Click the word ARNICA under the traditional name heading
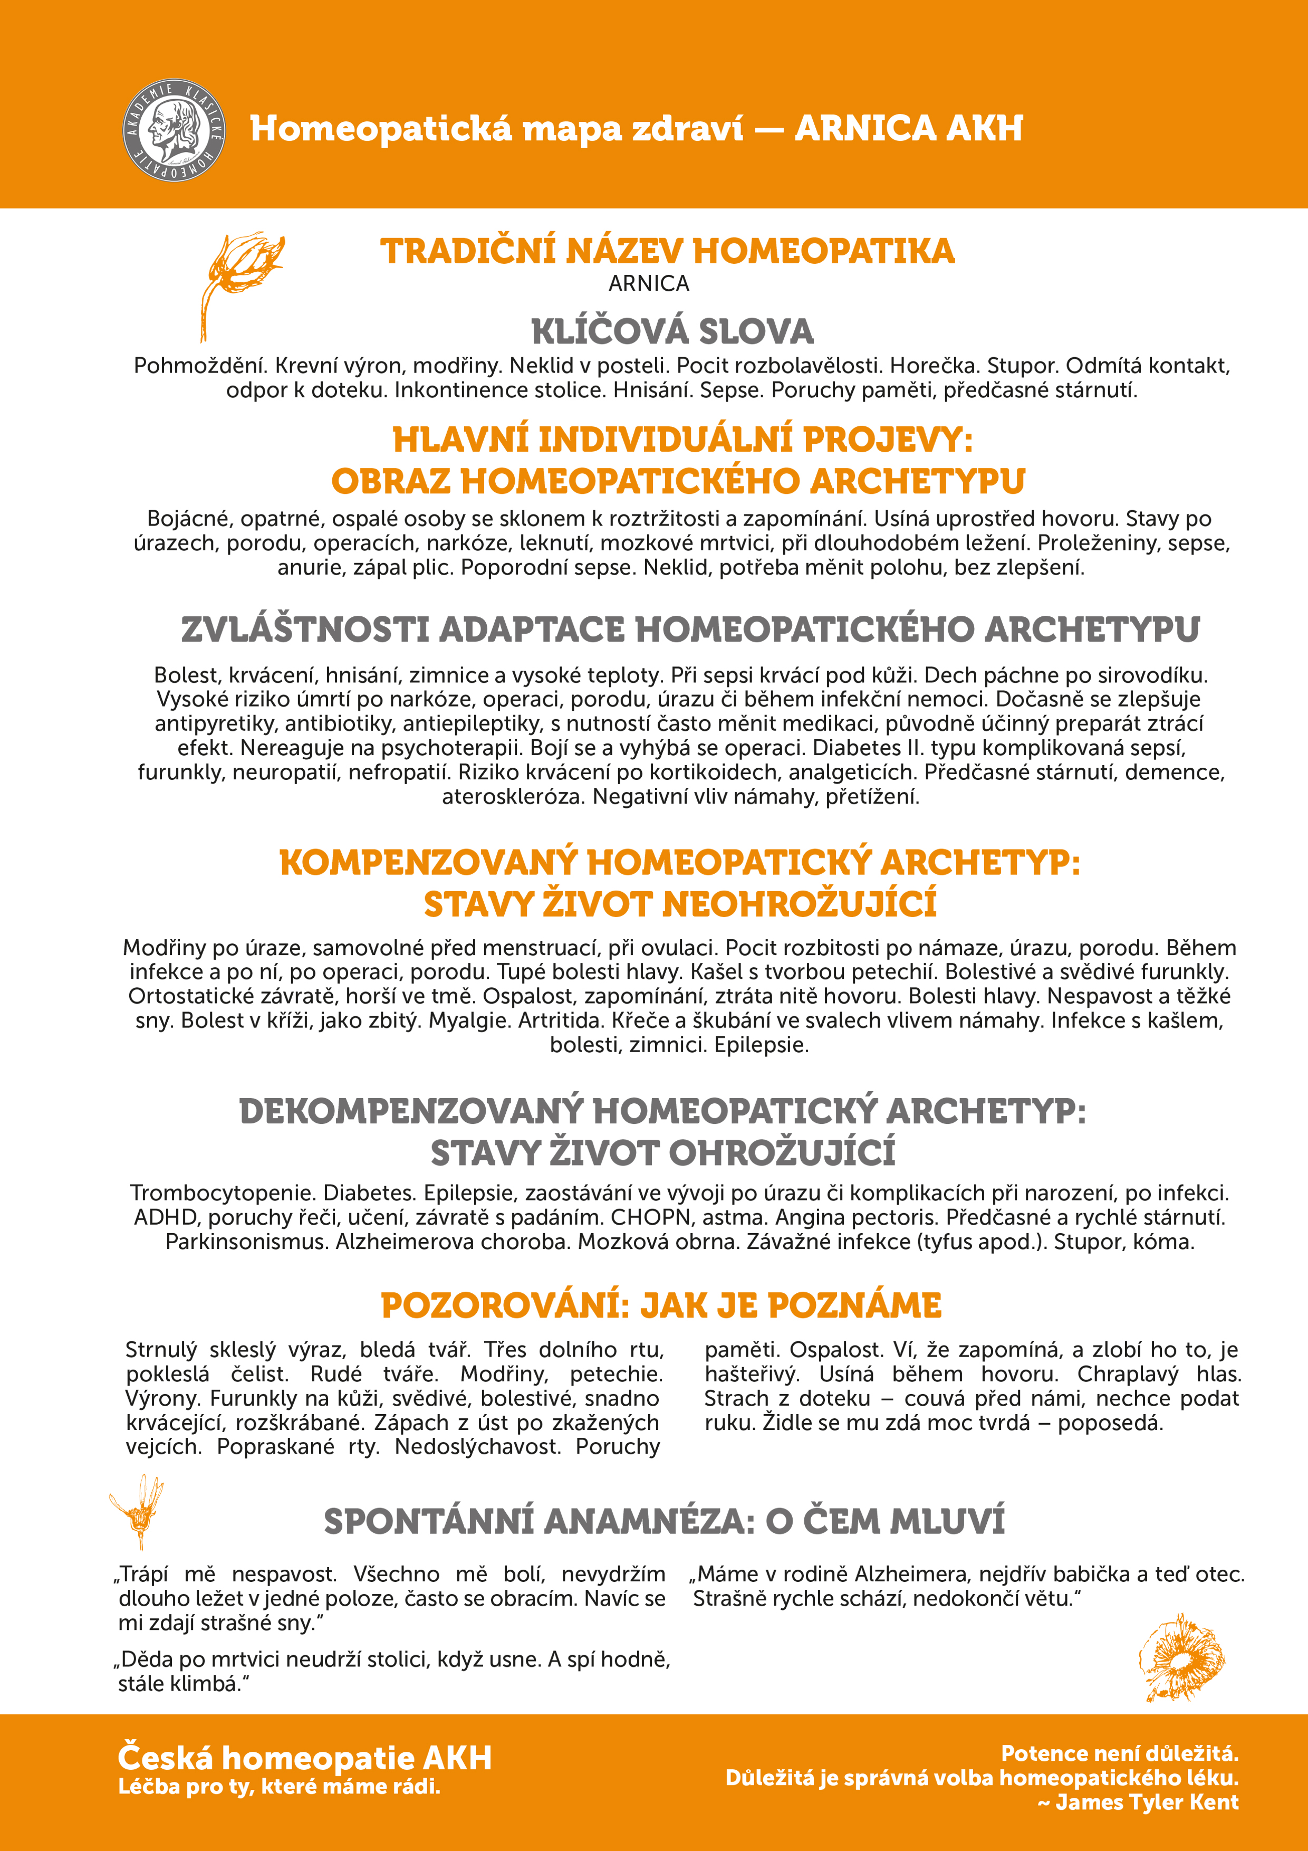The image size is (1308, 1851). (649, 284)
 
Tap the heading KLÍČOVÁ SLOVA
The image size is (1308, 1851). (672, 331)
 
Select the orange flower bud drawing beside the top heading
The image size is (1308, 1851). (239, 282)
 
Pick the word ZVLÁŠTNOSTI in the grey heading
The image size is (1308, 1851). (305, 629)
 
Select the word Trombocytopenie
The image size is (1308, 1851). (223, 1193)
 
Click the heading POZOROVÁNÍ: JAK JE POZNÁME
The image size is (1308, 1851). (661, 1305)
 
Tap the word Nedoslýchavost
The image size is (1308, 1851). (477, 1446)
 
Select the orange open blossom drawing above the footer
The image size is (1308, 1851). (1181, 1657)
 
